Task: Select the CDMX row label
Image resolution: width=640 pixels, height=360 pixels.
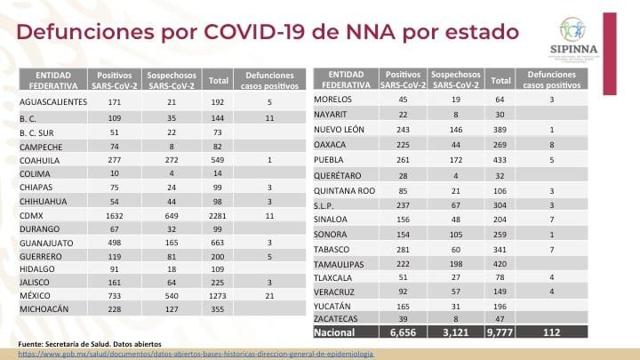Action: pyautogui.click(x=38, y=187)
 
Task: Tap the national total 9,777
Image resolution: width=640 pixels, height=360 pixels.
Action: pyautogui.click(x=501, y=332)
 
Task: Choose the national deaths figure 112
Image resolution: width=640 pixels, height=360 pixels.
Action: pyautogui.click(x=552, y=332)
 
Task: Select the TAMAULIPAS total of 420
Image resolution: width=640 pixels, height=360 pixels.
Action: pyautogui.click(x=500, y=264)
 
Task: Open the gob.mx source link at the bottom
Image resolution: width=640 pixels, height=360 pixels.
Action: pyautogui.click(x=196, y=353)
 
